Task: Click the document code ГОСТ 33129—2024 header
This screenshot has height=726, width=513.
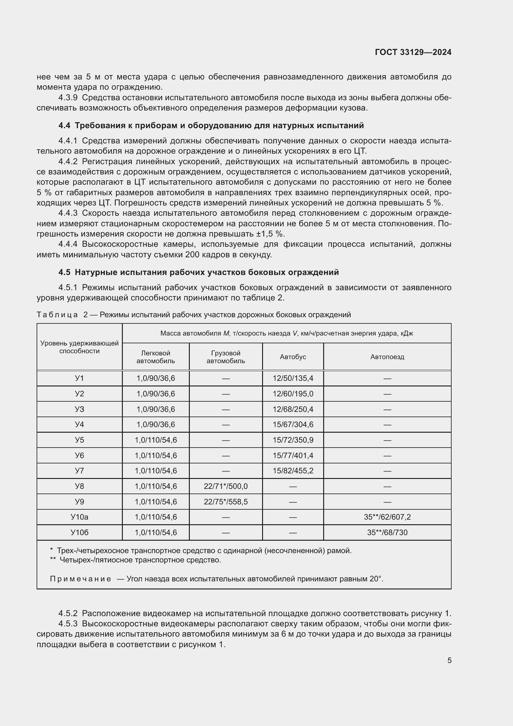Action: click(x=413, y=52)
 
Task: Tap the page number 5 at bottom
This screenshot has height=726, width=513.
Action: click(x=449, y=660)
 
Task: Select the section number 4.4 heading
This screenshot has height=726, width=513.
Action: click(x=64, y=125)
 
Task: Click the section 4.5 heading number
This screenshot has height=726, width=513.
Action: click(x=64, y=272)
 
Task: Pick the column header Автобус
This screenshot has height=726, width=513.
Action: click(x=293, y=357)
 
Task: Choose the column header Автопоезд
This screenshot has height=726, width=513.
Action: click(x=387, y=357)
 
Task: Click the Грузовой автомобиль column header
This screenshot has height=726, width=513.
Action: click(x=225, y=357)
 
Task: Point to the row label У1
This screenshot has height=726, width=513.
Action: click(x=79, y=378)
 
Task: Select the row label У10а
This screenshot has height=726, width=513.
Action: click(x=79, y=517)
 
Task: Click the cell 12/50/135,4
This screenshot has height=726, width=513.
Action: click(x=293, y=378)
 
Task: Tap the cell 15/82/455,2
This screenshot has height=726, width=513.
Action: click(x=293, y=471)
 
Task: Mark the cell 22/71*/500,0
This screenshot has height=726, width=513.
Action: click(x=225, y=486)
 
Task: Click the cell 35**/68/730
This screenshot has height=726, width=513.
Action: click(x=387, y=533)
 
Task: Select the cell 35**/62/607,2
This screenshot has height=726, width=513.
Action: click(x=387, y=517)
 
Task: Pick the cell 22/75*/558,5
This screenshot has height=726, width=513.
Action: click(x=225, y=502)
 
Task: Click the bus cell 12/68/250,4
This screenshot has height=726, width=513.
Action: click(x=293, y=409)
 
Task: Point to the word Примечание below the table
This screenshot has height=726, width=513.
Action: click(x=81, y=579)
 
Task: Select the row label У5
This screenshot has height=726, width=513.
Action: click(x=79, y=440)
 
